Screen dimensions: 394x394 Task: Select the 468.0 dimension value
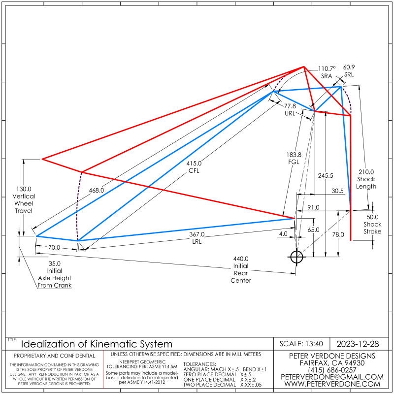tap(97, 190)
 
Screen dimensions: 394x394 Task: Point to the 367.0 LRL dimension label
tap(197, 237)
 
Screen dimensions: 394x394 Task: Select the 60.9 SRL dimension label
tap(349, 70)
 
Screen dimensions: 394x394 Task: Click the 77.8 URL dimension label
tap(290, 109)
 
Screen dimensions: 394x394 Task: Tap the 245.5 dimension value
tap(326, 175)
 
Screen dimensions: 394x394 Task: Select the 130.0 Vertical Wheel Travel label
tap(24, 199)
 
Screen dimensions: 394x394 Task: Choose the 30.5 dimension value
tap(337, 191)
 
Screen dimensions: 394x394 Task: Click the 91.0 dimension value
tap(314, 207)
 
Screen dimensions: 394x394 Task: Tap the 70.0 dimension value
tap(54, 247)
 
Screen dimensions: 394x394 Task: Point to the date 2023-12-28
tap(358, 343)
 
